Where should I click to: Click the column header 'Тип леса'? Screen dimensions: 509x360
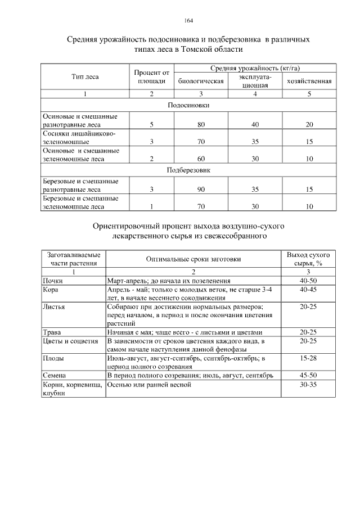pyautogui.click(x=85, y=76)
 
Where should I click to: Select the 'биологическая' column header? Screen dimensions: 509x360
pyautogui.click(x=201, y=81)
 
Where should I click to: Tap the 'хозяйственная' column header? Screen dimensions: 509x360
pyautogui.click(x=309, y=81)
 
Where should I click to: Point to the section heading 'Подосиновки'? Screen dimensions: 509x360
pyautogui.click(x=188, y=105)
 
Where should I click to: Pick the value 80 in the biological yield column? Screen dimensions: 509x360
pyautogui.click(x=201, y=124)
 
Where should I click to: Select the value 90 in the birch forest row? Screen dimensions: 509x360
pyautogui.click(x=201, y=190)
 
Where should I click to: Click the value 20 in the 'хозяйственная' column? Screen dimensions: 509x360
pyautogui.click(x=309, y=124)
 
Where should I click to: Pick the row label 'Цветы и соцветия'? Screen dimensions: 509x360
pyautogui.click(x=70, y=341)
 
